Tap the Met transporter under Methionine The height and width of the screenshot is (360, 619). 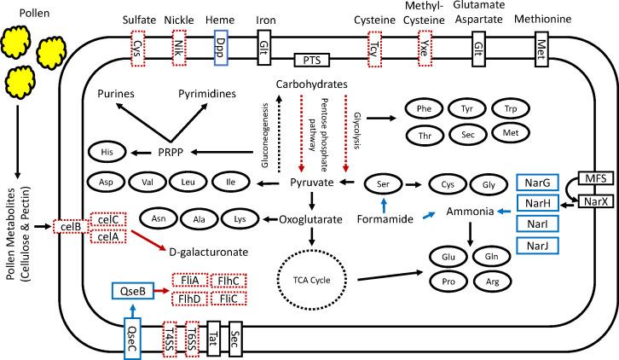pyautogui.click(x=541, y=45)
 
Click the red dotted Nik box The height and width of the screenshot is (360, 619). pyautogui.click(x=178, y=45)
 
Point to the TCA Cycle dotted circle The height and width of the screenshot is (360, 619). pyautogui.click(x=305, y=279)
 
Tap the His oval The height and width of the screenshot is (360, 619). pyautogui.click(x=107, y=152)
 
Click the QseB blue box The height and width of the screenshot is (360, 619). pyautogui.click(x=136, y=291)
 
